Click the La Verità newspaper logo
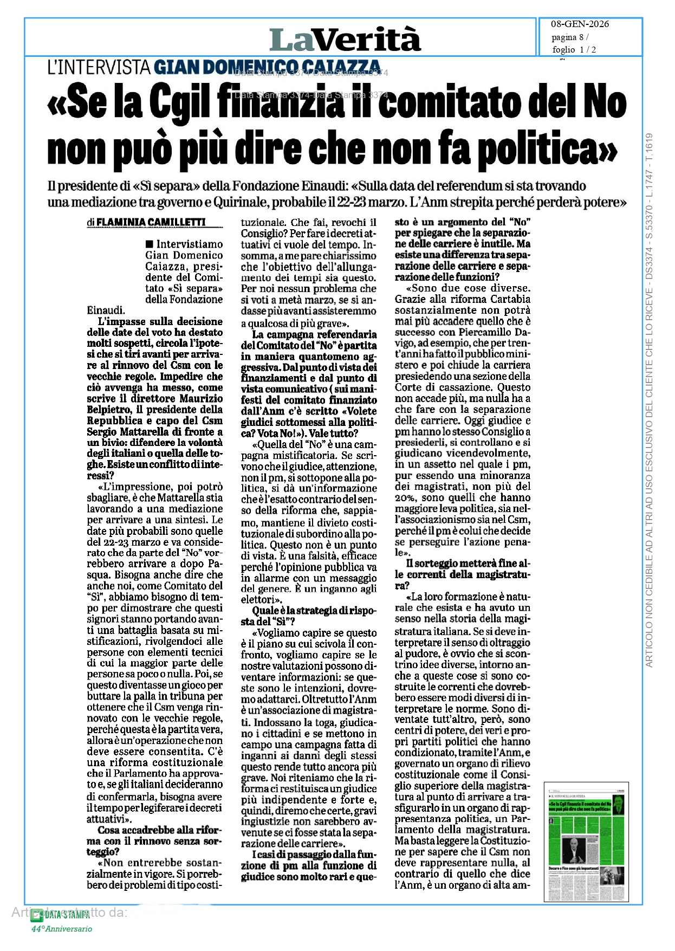pos(345,39)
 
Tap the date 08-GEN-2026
pos(580,24)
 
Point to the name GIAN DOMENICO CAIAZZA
pos(267,67)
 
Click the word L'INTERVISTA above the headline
pos(99,67)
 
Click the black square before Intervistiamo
pos(149,244)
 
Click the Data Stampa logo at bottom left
pos(60,915)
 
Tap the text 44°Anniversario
pos(61,929)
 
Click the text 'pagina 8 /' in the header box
pos(570,37)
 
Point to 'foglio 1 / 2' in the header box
pos(574,50)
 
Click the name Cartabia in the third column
pos(510,299)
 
